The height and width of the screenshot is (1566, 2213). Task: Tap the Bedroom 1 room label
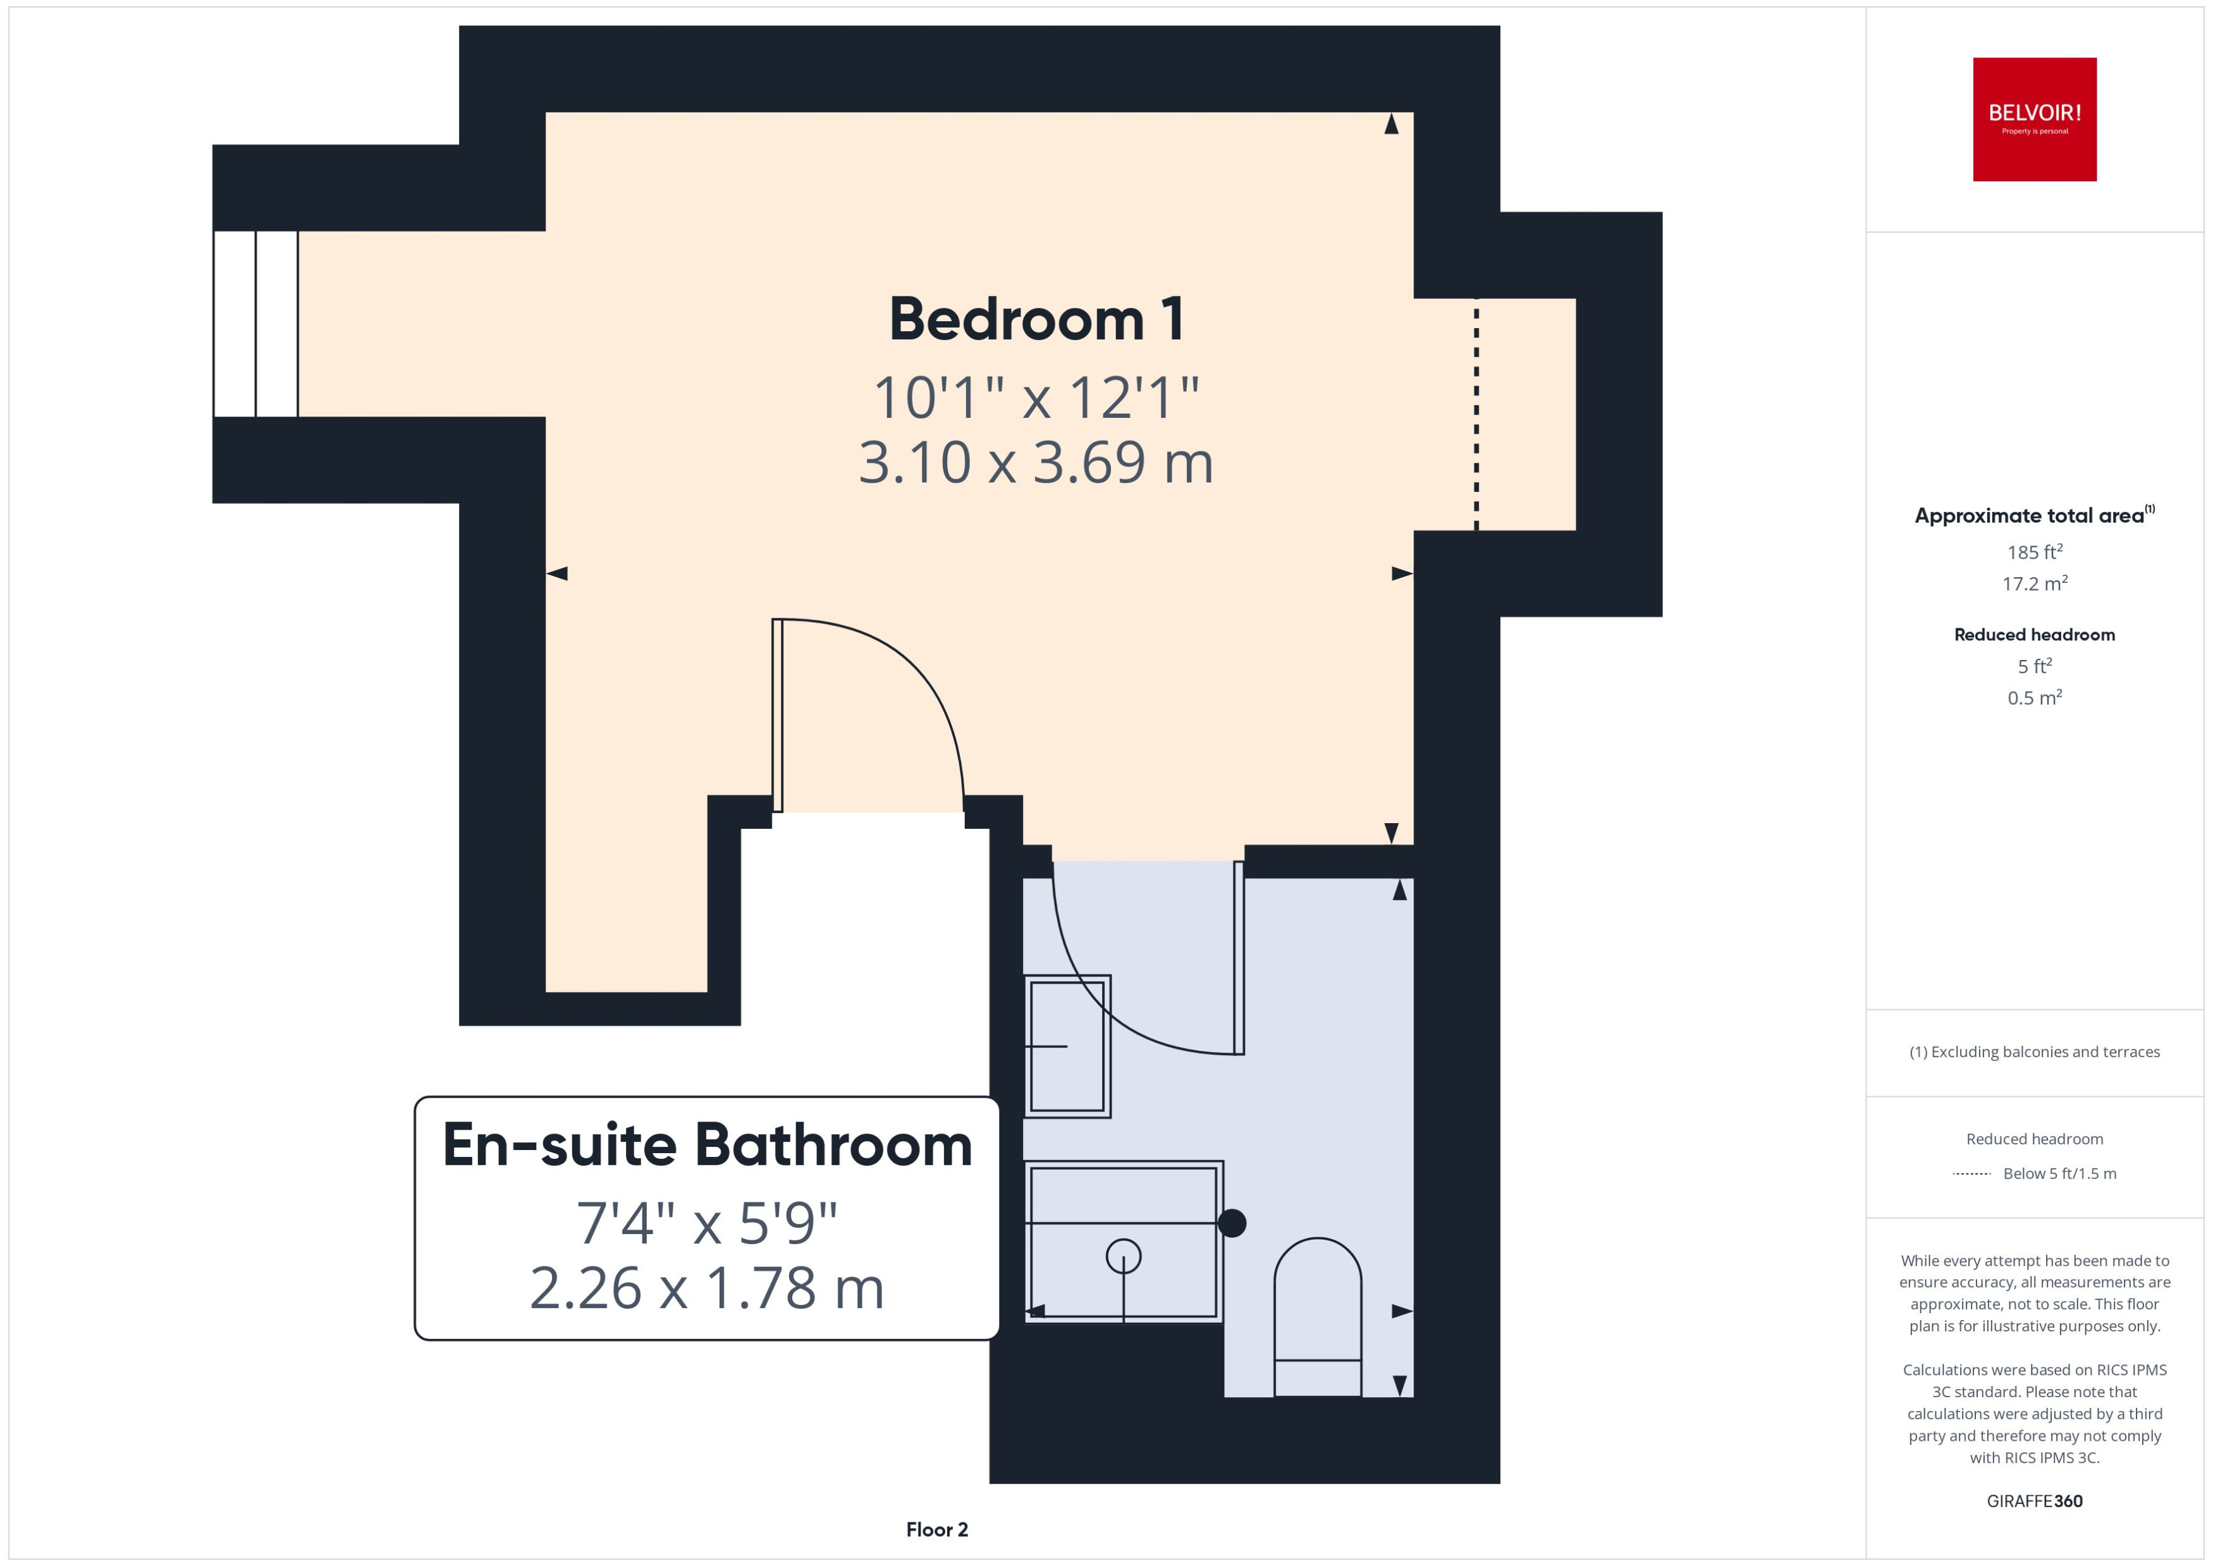1036,319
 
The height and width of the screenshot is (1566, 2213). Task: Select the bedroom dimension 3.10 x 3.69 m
1036,462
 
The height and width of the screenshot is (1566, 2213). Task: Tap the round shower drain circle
1124,1256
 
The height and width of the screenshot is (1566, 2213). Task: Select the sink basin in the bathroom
1067,1046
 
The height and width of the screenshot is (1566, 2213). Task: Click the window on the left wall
255,324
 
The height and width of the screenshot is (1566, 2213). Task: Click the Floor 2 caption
936,1529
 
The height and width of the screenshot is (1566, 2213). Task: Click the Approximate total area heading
2030,516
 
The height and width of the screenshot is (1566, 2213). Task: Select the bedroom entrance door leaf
777,716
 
